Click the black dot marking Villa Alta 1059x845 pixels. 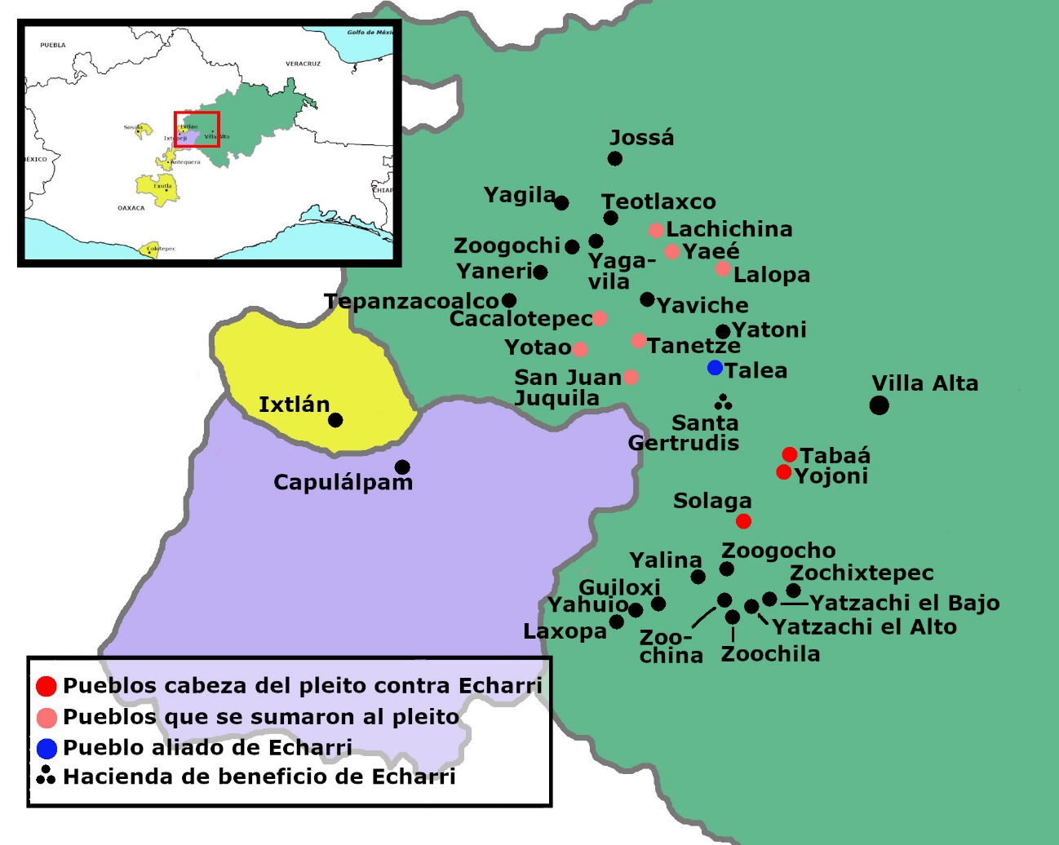pos(879,405)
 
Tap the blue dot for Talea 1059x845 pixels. pos(715,368)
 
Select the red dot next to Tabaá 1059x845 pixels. pos(789,454)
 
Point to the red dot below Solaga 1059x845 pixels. pos(743,521)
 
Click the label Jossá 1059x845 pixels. pos(642,138)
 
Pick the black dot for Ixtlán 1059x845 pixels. pos(335,420)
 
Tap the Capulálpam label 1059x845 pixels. pos(343,482)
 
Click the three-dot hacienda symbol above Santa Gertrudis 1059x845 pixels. pos(723,401)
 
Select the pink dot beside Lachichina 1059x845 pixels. pos(656,231)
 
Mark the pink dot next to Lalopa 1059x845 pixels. pos(723,269)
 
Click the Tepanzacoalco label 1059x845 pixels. pos(411,302)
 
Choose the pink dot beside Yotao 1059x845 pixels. pos(580,350)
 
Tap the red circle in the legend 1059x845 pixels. pos(47,687)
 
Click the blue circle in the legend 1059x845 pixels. pos(47,748)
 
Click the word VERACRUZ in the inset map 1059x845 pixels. pos(303,64)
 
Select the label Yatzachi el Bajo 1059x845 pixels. pos(904,603)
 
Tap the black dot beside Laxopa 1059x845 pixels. pos(617,622)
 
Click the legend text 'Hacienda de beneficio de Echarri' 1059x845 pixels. pos(259,776)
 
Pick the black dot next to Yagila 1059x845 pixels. pos(561,203)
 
